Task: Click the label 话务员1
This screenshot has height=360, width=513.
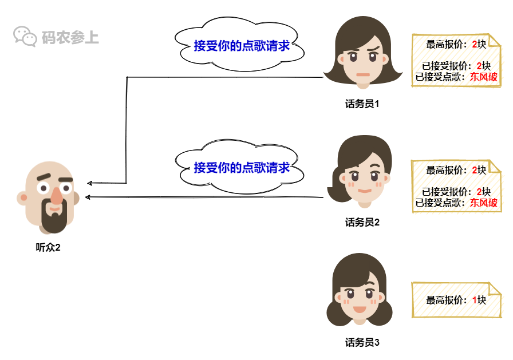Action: point(362,104)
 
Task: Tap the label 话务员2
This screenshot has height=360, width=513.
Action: point(362,223)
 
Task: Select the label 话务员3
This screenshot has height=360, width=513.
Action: point(362,343)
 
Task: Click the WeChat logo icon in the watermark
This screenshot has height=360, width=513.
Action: point(25,37)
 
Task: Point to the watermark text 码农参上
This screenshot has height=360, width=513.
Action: point(70,38)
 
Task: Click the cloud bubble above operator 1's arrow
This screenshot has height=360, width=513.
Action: point(241,46)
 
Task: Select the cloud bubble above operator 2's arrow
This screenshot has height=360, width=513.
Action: point(241,168)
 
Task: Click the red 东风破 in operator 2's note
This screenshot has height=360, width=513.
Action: point(484,203)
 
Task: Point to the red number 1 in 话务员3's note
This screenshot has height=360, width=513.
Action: point(475,299)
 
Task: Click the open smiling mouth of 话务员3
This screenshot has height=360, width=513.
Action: point(360,310)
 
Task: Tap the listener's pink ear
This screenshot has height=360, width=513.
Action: point(23,199)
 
